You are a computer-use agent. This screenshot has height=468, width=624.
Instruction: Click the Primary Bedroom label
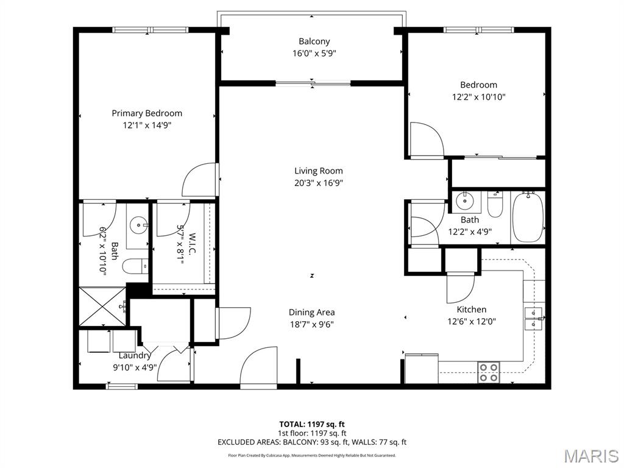[x=147, y=113]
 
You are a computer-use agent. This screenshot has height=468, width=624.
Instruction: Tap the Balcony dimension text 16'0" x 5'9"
[x=314, y=54]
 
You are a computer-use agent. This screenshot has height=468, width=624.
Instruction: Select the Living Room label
[x=318, y=171]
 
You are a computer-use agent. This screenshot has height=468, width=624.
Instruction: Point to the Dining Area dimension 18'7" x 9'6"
[x=311, y=324]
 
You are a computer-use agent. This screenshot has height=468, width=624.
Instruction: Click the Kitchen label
[x=472, y=310]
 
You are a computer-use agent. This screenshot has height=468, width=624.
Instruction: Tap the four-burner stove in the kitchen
[x=489, y=372]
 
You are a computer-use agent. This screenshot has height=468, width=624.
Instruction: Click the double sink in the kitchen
[x=533, y=319]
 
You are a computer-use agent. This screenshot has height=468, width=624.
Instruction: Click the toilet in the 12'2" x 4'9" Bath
[x=495, y=204]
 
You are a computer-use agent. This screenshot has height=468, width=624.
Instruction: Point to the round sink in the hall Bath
[x=463, y=200]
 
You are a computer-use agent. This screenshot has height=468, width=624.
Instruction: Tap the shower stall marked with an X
[x=102, y=307]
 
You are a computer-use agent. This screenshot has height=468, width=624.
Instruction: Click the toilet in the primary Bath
[x=135, y=266]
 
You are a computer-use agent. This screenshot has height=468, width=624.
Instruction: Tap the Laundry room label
[x=135, y=355]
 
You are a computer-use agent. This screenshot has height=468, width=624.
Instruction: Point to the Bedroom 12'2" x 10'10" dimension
[x=479, y=97]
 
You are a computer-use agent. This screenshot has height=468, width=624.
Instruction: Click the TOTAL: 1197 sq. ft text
[x=311, y=424]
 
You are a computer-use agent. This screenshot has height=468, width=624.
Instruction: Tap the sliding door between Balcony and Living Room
[x=313, y=83]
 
